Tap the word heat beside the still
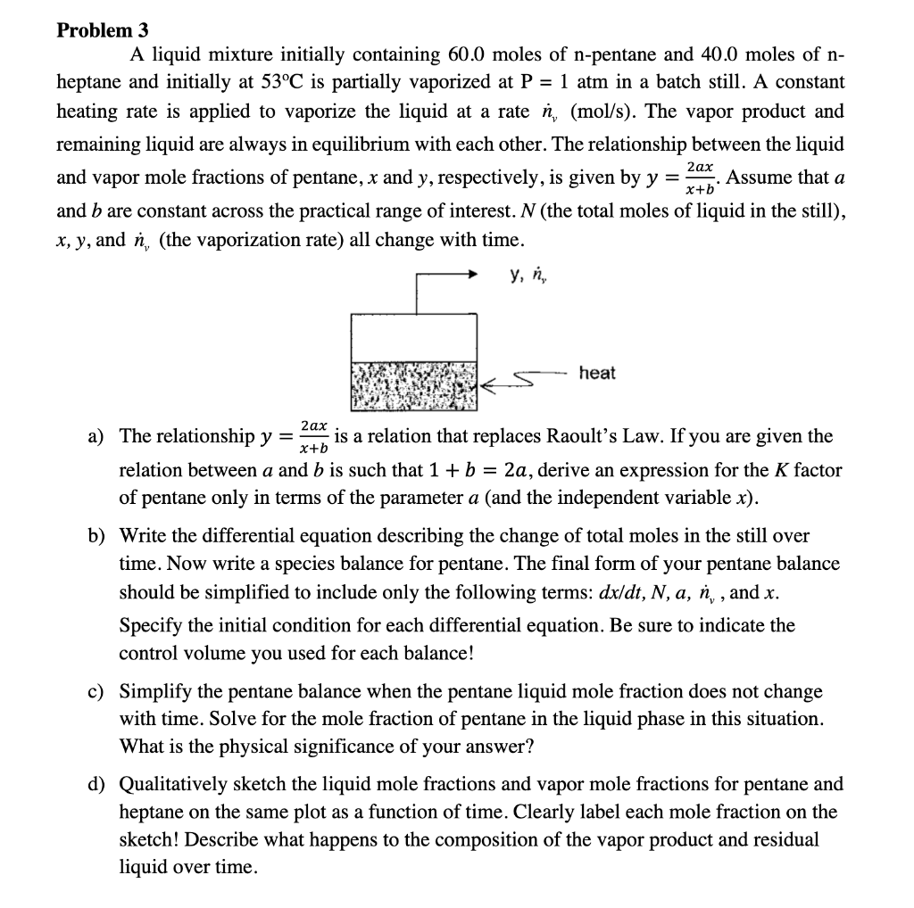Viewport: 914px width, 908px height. coord(596,373)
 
